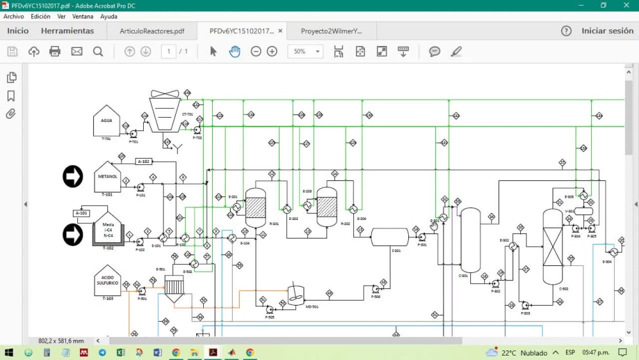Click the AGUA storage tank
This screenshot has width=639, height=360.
coord(106,121)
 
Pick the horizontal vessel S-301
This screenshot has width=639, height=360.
coord(390,237)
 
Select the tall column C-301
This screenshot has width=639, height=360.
coord(470,240)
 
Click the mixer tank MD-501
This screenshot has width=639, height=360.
coord(295,293)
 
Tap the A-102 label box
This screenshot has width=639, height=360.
coord(144,162)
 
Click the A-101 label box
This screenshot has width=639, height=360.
coord(81,213)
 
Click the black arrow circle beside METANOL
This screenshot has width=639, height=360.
coord(73,176)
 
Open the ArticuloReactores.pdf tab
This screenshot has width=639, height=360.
coord(152,31)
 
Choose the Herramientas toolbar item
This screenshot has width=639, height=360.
coord(67,31)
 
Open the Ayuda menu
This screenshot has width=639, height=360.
coord(109,16)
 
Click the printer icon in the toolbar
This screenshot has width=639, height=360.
coord(55,51)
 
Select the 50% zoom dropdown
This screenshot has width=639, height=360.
coord(305,51)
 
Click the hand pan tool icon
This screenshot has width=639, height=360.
coord(235,51)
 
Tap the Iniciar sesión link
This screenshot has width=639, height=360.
coord(607,31)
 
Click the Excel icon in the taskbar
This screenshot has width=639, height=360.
coord(120,352)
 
